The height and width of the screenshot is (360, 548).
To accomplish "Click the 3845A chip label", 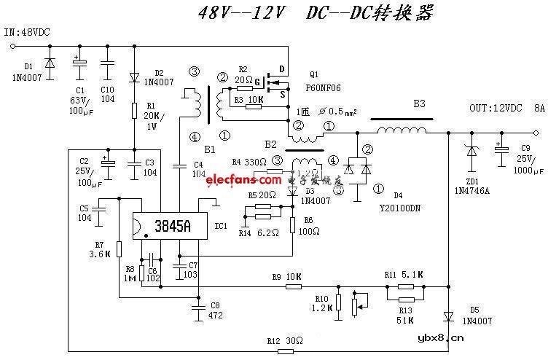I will click(169, 227).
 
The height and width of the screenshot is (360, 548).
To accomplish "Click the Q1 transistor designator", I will click(314, 74).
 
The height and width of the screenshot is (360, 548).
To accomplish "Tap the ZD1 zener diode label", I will click(473, 181).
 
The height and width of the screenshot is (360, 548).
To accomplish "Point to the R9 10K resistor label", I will click(286, 277).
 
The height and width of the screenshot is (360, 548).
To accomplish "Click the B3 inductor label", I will click(419, 104).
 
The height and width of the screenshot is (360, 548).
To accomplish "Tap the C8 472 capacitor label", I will click(214, 310).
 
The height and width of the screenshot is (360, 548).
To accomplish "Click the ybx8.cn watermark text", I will click(441, 338).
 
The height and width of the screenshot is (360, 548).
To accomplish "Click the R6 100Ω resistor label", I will click(308, 225).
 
